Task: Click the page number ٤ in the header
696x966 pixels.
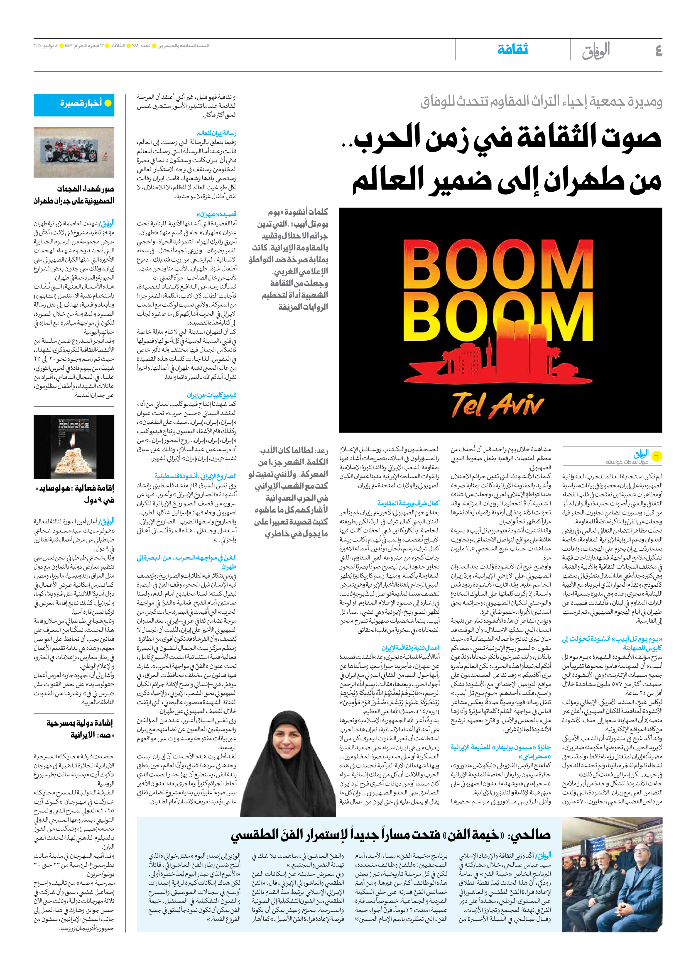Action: [x=658, y=51]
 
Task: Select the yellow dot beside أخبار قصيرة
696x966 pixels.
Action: [x=108, y=103]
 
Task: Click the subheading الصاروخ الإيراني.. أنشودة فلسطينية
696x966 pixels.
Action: [x=195, y=476]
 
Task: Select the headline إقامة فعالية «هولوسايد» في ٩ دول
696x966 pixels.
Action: [x=75, y=494]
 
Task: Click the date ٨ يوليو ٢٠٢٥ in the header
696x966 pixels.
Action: [x=46, y=46]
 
